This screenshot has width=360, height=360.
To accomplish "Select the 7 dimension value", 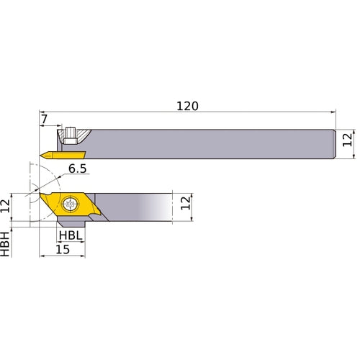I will coord(44,117).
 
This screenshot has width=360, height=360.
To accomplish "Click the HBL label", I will coord(70,235).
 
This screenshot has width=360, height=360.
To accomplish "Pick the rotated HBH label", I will coord(6,245).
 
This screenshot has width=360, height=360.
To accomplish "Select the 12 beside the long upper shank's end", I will coord(348,140).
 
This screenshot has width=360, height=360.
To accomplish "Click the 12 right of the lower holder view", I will coord(185,202).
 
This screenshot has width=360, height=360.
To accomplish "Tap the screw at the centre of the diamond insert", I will coord(71,204).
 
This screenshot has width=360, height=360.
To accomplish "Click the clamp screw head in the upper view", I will coord(72,135).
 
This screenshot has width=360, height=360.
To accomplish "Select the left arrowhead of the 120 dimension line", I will coord(37,112).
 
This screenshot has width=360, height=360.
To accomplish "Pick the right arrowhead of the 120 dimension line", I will coord(334,112).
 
